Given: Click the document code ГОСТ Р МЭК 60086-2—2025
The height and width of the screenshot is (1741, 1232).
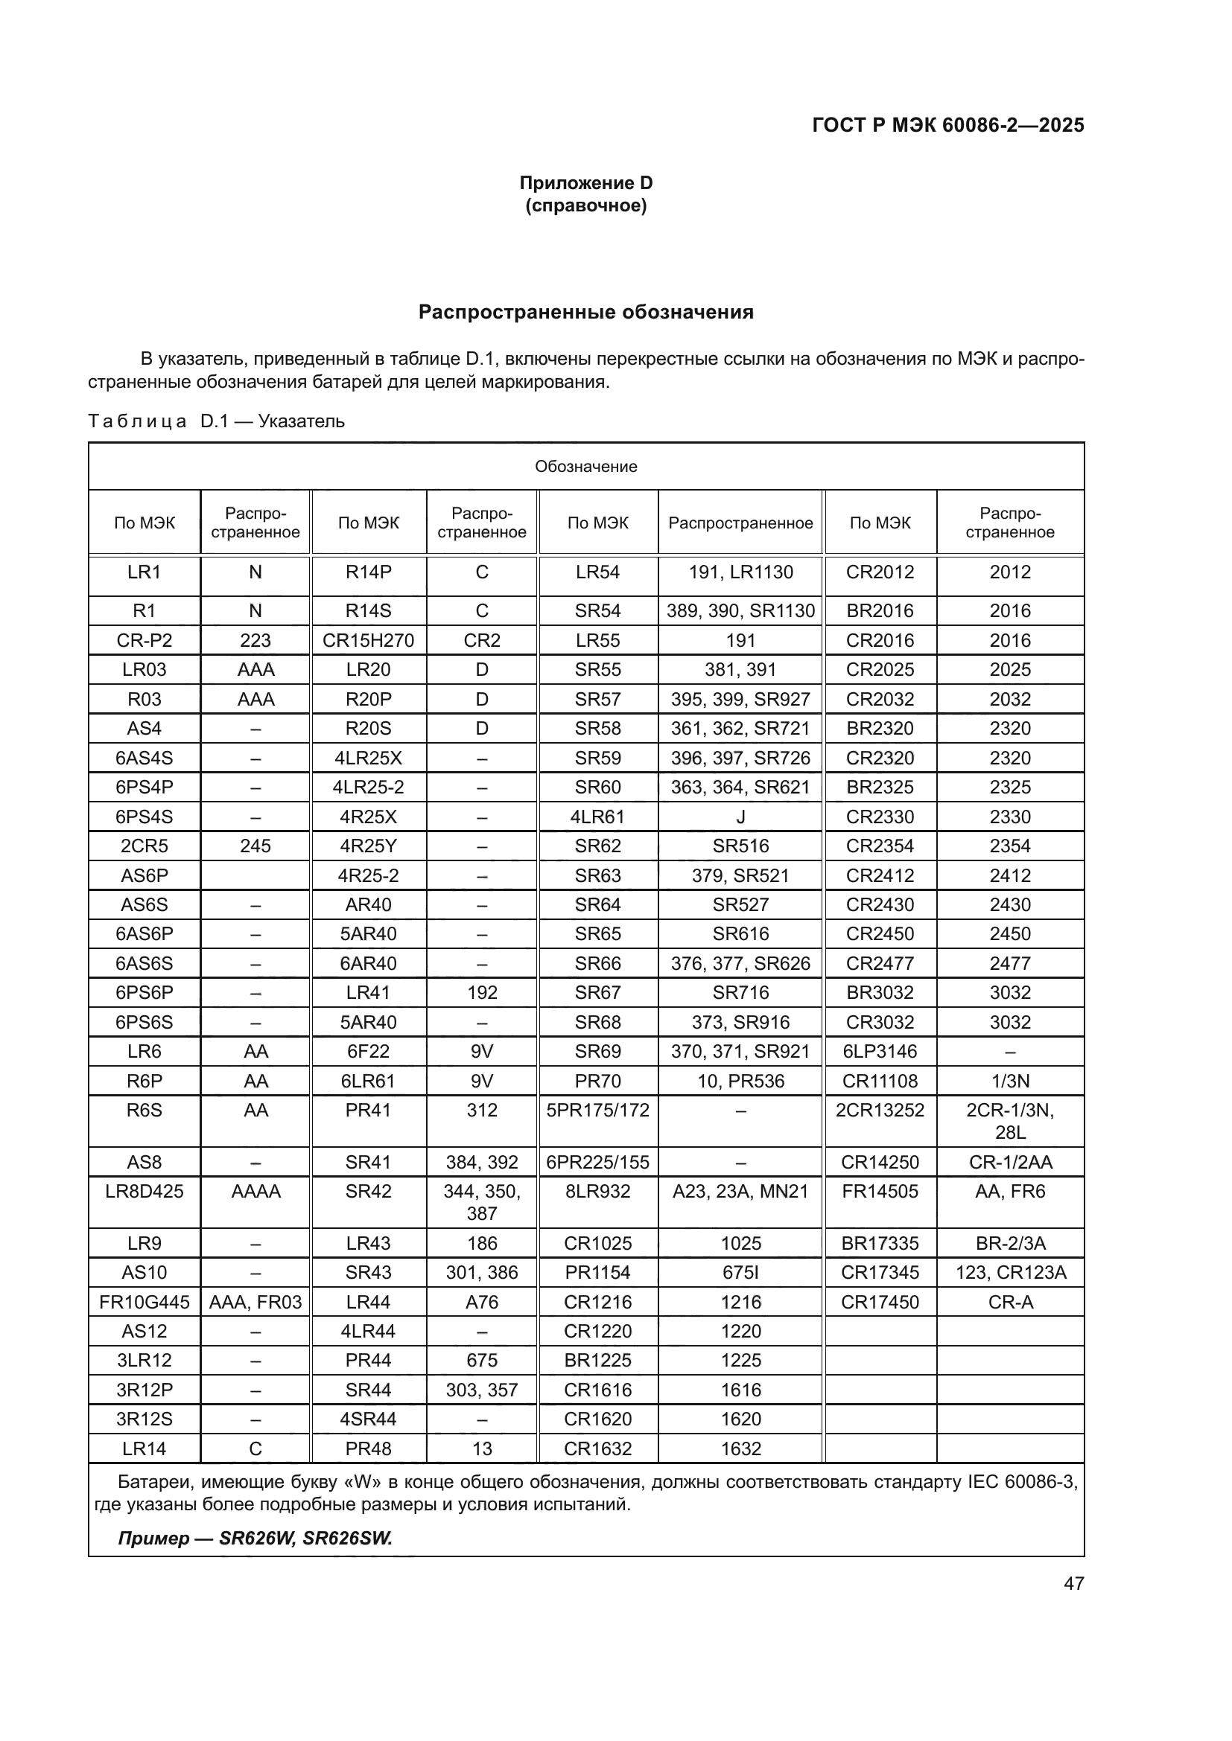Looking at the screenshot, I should coord(947,125).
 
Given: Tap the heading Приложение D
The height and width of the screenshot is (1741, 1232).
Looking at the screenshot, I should coord(585,183).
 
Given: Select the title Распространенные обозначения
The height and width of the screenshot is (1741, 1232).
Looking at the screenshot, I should coord(585,313).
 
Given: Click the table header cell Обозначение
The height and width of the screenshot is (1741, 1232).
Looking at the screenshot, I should coord(585,467).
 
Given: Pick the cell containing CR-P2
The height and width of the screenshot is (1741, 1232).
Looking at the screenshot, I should coord(145,640).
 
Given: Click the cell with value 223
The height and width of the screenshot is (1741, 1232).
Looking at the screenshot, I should coord(255,640).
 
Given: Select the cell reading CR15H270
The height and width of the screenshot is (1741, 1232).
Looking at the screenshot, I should coord(368,640).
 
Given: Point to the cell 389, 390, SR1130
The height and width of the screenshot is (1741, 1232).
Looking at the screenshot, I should coord(740,610).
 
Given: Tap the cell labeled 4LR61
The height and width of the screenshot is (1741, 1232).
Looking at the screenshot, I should coord(598,817).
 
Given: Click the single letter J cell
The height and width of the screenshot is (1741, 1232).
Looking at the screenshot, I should coord(740,817).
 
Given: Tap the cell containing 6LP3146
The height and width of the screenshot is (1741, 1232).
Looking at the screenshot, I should coord(880,1051).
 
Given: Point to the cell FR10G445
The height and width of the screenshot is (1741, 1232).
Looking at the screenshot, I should coord(145,1302).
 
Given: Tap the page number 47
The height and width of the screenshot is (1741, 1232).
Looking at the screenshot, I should coord(1073,1582).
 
